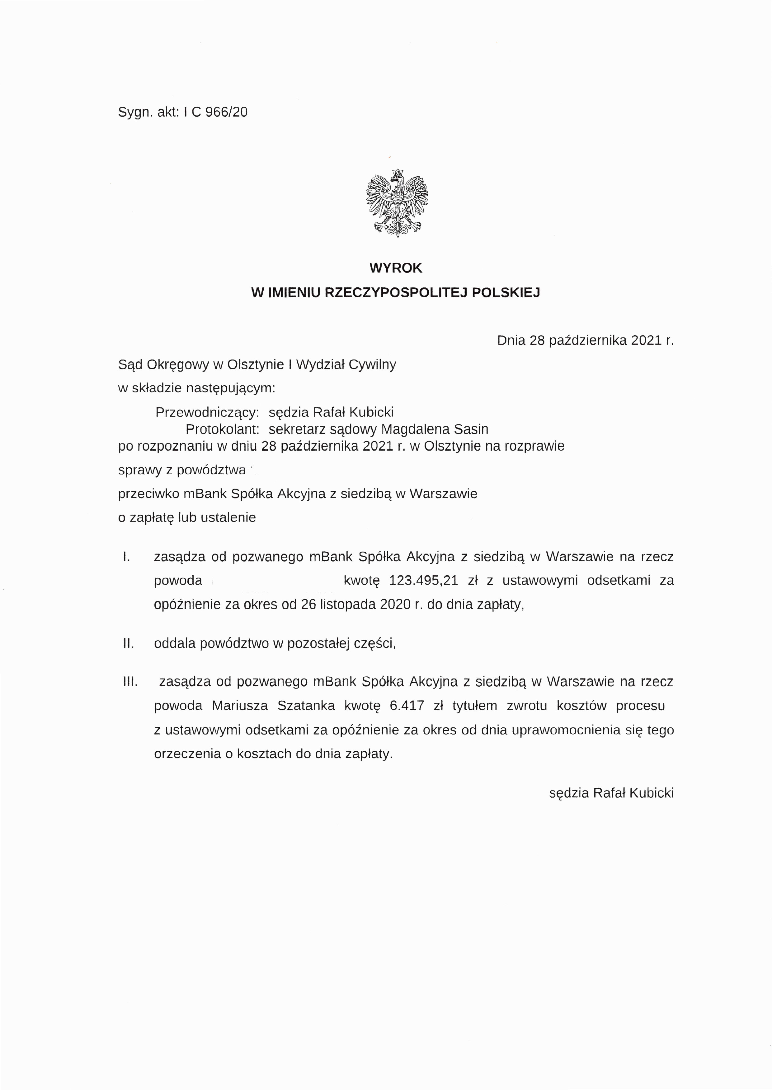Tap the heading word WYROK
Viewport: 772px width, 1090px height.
pos(396,268)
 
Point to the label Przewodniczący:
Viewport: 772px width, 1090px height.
pos(207,412)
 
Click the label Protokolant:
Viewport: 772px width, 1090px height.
pos(222,429)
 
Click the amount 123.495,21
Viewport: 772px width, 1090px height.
pos(423,580)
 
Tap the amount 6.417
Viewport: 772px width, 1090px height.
pos(407,706)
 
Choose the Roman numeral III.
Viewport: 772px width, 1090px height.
pos(130,682)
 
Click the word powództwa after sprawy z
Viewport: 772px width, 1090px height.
pos(211,470)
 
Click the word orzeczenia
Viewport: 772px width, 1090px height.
pos(187,754)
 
